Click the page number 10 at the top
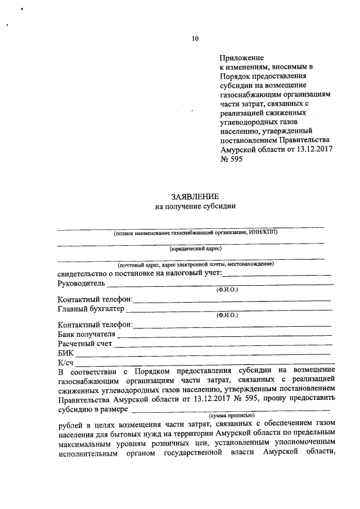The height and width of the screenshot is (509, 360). pyautogui.click(x=195, y=39)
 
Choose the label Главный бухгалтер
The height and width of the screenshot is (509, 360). pyautogui.click(x=91, y=309)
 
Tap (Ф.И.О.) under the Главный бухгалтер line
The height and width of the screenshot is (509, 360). pyautogui.click(x=227, y=316)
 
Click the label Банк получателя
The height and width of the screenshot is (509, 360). pyautogui.click(x=86, y=334)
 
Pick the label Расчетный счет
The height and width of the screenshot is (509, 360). pyautogui.click(x=85, y=344)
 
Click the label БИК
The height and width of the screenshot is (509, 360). pyautogui.click(x=65, y=353)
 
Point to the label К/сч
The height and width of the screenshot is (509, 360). pyautogui.click(x=66, y=363)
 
